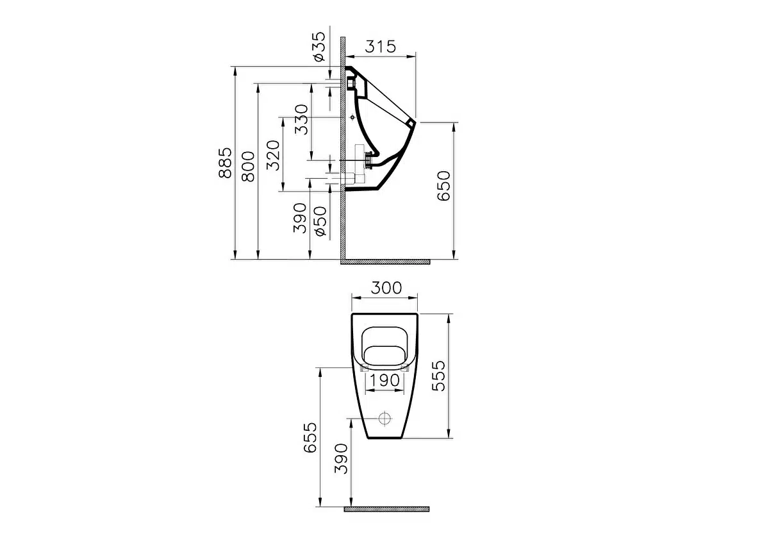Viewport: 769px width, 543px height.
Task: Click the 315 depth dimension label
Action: [x=380, y=46]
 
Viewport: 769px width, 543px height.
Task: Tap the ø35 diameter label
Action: [x=319, y=47]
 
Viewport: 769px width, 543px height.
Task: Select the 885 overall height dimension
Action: [x=225, y=162]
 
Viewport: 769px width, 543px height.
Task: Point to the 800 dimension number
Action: [x=248, y=166]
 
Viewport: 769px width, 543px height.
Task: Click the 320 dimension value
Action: [x=273, y=155]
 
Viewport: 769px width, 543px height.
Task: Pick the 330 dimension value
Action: [x=301, y=119]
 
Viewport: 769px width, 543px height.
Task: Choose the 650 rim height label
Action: [x=443, y=185]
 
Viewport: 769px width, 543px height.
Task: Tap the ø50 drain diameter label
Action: [x=320, y=221]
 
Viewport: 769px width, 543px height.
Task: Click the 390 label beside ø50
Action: [x=300, y=218]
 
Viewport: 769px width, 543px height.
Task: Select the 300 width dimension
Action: [x=386, y=288]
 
